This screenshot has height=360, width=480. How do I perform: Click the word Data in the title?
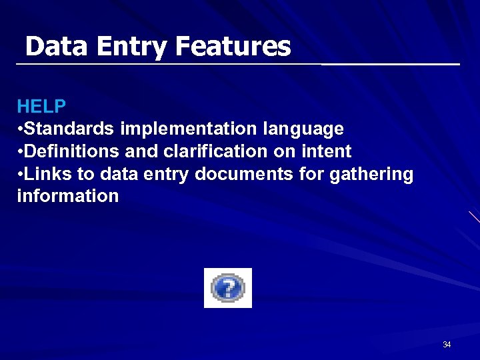(57, 47)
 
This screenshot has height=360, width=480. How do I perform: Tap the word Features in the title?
(233, 47)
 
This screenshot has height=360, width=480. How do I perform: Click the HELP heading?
(41, 106)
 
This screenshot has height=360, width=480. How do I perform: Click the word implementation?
(189, 128)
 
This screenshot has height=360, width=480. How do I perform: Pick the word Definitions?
(73, 151)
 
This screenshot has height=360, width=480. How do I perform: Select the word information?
(67, 196)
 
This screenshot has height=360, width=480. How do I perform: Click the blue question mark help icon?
(228, 288)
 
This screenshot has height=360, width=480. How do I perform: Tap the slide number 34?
(447, 345)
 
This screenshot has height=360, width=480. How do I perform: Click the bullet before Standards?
(21, 128)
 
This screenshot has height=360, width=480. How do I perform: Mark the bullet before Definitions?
(21, 151)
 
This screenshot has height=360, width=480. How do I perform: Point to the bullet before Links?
(21, 174)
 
